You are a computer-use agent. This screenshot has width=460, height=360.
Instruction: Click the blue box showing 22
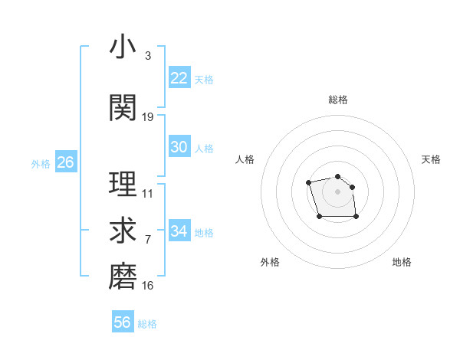coord(179,78)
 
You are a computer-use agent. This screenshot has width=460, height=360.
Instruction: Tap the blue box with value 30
coord(179,147)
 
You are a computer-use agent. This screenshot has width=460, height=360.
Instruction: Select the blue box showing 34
coord(179,231)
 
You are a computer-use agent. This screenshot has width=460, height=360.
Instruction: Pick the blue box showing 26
coord(65,162)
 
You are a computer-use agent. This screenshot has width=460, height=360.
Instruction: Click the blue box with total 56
coord(122,322)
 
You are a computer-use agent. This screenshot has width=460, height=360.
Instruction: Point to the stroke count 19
coord(148,116)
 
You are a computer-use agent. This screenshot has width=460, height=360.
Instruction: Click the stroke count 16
coord(148,286)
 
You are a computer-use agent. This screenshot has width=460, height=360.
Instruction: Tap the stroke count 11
coord(148,194)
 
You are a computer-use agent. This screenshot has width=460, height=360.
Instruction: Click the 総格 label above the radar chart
coord(338,100)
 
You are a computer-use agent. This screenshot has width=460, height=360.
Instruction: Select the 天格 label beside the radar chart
coord(431,159)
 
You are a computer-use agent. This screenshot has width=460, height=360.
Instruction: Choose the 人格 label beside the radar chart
coord(245,159)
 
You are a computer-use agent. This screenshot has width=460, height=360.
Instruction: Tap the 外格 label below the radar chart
coord(270,262)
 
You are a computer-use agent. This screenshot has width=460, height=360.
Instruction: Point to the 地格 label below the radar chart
coord(402,262)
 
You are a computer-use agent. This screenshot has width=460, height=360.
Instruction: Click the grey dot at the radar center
coord(338,191)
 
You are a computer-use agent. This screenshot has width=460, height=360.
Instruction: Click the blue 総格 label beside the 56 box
coord(147,324)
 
